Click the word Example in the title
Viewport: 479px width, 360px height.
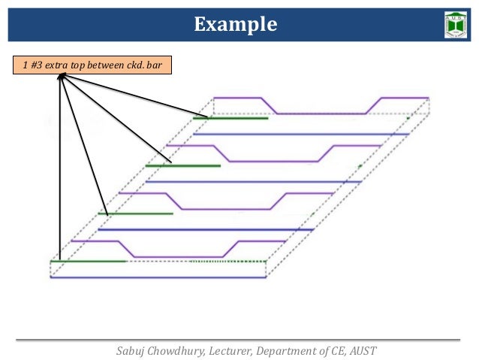pos(236,26)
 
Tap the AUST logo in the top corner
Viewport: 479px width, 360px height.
pos(456,26)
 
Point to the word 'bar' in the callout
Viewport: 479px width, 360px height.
pos(158,67)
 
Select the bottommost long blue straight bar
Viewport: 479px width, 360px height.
pos(158,277)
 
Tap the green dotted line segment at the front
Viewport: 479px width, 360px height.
pos(228,262)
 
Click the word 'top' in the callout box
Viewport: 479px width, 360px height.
pos(78,67)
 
